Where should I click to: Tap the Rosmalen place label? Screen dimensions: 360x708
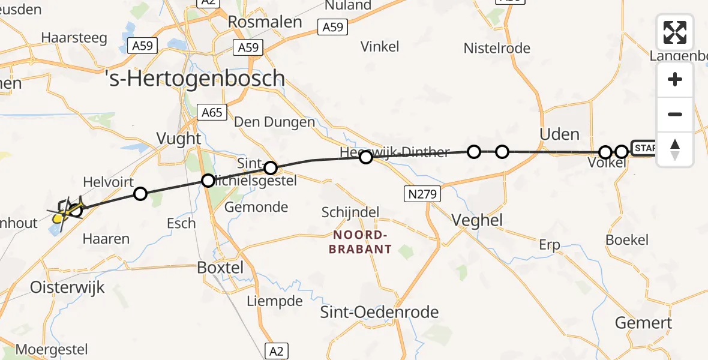coord(265,22)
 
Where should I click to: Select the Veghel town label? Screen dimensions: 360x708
coord(477,220)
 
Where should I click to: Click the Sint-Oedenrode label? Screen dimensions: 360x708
coord(379,312)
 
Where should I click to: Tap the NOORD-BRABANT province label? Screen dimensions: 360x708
coord(359,242)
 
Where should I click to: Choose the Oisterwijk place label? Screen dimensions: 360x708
coord(67,287)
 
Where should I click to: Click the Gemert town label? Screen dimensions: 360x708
coord(643,323)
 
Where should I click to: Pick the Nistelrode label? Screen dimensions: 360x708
coord(497,48)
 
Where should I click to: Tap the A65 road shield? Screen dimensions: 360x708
coord(212,112)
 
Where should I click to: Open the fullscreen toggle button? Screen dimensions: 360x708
coord(675,32)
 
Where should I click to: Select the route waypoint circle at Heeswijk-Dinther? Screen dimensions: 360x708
coord(365,157)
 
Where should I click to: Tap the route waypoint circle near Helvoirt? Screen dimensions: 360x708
coord(140,193)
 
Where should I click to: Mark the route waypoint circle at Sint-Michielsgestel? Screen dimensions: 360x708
coord(271,168)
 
